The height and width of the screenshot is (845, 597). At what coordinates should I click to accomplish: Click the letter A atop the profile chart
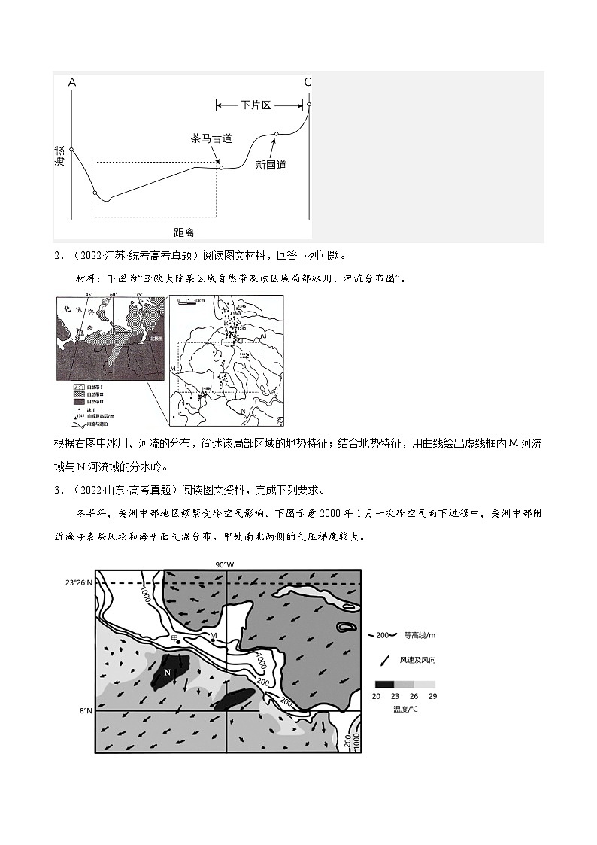click(x=72, y=81)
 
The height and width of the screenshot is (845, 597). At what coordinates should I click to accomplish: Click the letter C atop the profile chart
click(x=308, y=81)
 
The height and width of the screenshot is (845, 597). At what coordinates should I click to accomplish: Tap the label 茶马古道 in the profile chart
click(x=211, y=139)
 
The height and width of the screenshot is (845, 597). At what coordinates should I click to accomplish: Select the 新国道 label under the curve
click(x=271, y=164)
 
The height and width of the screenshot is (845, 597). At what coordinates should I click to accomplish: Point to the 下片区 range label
click(x=256, y=105)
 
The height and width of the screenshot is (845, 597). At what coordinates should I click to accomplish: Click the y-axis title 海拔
click(x=60, y=157)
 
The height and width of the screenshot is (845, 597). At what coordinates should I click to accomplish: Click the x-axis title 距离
click(x=183, y=232)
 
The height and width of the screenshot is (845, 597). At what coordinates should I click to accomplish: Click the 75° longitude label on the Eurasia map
click(x=139, y=295)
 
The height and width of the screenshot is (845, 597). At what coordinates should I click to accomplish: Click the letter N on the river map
click(x=242, y=410)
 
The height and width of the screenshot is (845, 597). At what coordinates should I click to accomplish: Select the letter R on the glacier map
click(x=225, y=322)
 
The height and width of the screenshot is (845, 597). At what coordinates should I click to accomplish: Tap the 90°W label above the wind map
click(x=224, y=564)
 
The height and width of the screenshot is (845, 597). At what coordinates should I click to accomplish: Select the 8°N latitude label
click(x=84, y=710)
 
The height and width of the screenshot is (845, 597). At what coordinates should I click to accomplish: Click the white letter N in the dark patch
click(x=167, y=671)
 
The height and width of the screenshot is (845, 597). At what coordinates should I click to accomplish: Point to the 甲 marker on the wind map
click(x=175, y=637)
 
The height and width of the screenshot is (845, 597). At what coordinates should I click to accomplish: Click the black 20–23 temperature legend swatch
click(x=384, y=685)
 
